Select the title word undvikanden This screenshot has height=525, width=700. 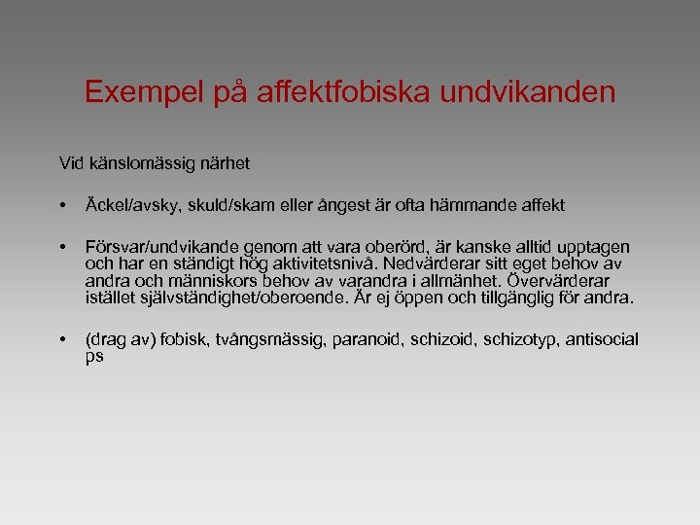pyautogui.click(x=529, y=92)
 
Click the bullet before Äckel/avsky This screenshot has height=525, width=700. pyautogui.click(x=62, y=206)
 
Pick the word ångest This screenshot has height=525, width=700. pyautogui.click(x=368, y=205)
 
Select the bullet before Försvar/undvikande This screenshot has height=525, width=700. pyautogui.click(x=62, y=248)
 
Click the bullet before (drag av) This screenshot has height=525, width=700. pyautogui.click(x=62, y=340)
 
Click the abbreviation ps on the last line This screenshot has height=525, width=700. pyautogui.click(x=94, y=357)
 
